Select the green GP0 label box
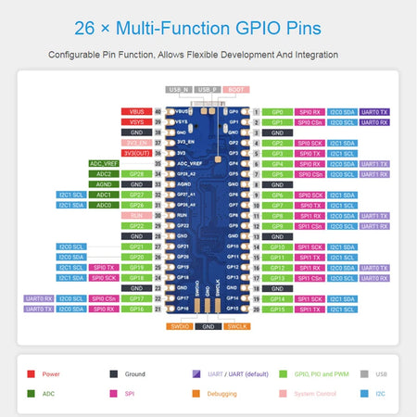278,111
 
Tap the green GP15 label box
278,309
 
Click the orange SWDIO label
180,326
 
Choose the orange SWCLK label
236,326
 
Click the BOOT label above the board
235,89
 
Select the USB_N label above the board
179,89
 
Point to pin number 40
158,111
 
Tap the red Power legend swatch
32,373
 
